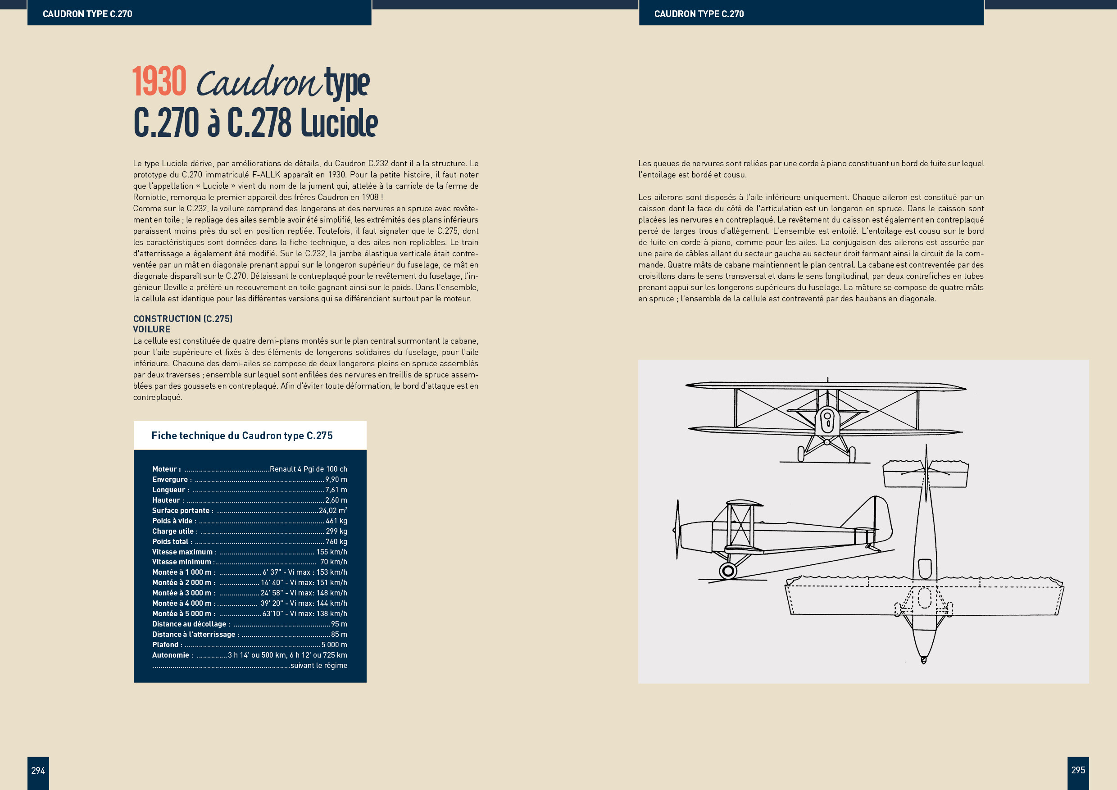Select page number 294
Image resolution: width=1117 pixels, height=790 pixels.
pos(38,770)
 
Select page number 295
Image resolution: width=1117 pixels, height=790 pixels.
pos(1078,770)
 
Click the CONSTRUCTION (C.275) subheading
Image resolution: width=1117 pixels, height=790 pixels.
pos(183,318)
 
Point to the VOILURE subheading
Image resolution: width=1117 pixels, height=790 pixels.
pos(152,329)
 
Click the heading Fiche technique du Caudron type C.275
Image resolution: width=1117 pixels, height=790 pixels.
pos(242,436)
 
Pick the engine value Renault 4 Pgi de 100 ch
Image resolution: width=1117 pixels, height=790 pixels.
pos(309,469)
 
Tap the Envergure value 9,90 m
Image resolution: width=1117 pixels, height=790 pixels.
pos(336,480)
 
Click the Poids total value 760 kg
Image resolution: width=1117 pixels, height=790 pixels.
pos(336,541)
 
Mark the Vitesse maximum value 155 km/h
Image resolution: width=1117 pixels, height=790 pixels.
pos(331,552)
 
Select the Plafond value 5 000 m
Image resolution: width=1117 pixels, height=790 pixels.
pos(334,645)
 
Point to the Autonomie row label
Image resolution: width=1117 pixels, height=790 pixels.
pos(172,655)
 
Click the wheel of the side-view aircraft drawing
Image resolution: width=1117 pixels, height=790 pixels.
pos(728,570)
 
